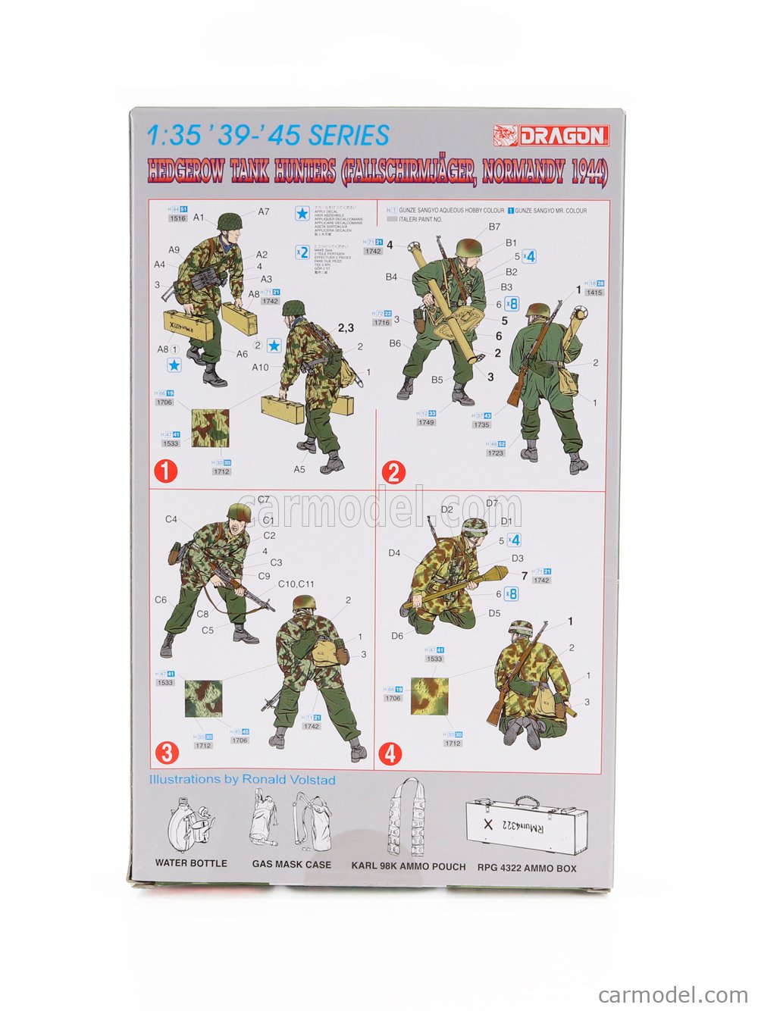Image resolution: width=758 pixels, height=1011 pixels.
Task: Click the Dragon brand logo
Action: point(551,136)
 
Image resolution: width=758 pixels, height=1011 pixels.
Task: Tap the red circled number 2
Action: point(393,473)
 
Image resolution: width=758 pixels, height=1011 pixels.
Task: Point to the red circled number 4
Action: point(390,753)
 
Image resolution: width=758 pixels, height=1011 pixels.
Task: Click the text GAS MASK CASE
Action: point(292,865)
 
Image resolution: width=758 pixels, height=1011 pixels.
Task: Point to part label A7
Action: point(263,211)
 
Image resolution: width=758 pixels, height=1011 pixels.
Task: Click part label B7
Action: point(494,227)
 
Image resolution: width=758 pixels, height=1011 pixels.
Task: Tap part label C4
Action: point(171,519)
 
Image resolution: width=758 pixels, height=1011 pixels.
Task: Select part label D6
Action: point(397,636)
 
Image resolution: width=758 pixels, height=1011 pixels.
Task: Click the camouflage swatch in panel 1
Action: point(209,428)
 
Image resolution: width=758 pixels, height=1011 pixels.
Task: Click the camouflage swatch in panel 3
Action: point(203,698)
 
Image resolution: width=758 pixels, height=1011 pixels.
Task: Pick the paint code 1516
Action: point(178,218)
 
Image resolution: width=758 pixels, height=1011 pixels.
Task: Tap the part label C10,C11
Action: point(296,584)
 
